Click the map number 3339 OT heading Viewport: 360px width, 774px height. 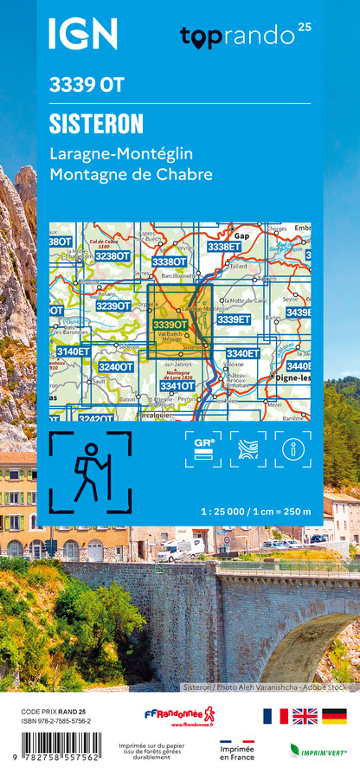pyautogui.click(x=87, y=85)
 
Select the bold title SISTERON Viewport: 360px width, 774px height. pyautogui.click(x=96, y=124)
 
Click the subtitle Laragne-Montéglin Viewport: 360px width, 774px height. pyautogui.click(x=121, y=154)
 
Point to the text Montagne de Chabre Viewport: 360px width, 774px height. pyautogui.click(x=131, y=174)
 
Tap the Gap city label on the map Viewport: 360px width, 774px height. pyautogui.click(x=243, y=235)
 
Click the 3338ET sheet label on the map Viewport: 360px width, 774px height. pyautogui.click(x=224, y=247)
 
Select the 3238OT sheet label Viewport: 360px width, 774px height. pyautogui.click(x=112, y=256)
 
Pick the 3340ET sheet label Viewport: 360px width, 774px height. pyautogui.click(x=242, y=353)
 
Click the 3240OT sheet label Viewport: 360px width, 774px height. pyautogui.click(x=115, y=367)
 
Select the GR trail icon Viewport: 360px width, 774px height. pyautogui.click(x=204, y=449)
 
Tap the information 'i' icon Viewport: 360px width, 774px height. pyautogui.click(x=293, y=449)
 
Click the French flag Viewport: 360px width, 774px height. pyautogui.click(x=274, y=715)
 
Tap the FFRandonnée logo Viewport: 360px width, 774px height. pyautogui.click(x=179, y=716)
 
